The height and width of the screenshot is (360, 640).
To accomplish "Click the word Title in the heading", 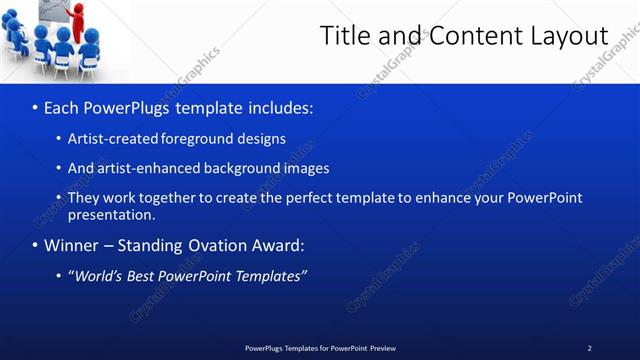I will click(345, 36).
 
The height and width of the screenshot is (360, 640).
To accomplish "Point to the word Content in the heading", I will click(470, 36).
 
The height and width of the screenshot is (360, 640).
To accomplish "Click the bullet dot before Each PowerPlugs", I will click(36, 107).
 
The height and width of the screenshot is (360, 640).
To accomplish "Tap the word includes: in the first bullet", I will click(280, 107).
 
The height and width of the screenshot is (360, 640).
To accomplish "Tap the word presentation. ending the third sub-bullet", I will click(111, 214).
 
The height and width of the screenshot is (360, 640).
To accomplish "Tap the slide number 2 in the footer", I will click(589, 348).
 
